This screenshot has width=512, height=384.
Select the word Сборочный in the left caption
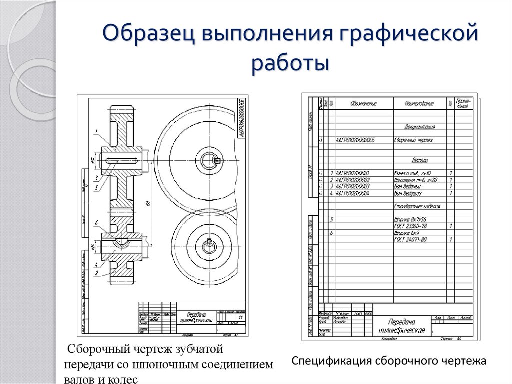(99, 348)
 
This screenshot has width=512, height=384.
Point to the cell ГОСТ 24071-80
(410, 240)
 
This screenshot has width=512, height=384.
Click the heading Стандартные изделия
(416, 206)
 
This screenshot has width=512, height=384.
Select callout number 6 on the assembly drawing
(95, 223)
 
